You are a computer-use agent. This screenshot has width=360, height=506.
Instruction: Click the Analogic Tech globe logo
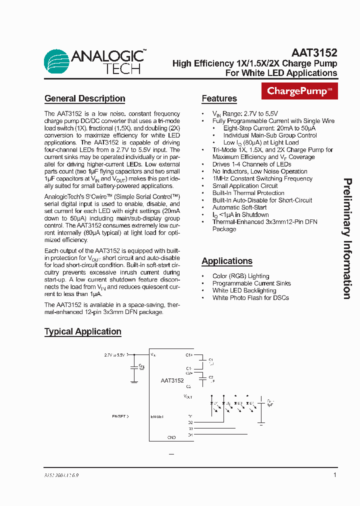(x=56, y=61)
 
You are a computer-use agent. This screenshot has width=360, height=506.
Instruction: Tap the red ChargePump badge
(x=299, y=91)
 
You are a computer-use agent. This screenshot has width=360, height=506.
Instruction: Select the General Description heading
(x=84, y=98)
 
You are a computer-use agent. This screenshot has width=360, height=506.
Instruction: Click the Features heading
(x=219, y=98)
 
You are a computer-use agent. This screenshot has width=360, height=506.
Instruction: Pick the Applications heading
(x=226, y=261)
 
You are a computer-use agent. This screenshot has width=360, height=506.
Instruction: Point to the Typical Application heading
(x=82, y=331)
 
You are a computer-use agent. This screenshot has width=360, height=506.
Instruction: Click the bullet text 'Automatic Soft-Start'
(x=239, y=207)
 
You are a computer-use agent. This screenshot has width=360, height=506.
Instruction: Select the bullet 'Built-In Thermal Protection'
(x=248, y=193)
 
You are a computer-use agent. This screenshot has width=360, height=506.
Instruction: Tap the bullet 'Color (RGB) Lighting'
(x=240, y=276)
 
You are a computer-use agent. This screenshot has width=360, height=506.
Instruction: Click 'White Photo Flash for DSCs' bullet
(x=250, y=298)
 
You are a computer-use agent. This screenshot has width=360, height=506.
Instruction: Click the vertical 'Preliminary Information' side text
(x=347, y=238)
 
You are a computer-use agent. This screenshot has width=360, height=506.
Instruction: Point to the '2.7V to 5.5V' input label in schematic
(x=114, y=355)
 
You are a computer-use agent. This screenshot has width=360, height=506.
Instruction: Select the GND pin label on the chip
(x=171, y=437)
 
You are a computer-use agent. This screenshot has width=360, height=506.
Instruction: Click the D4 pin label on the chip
(x=190, y=435)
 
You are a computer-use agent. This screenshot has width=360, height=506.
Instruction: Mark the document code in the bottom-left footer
(x=58, y=476)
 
